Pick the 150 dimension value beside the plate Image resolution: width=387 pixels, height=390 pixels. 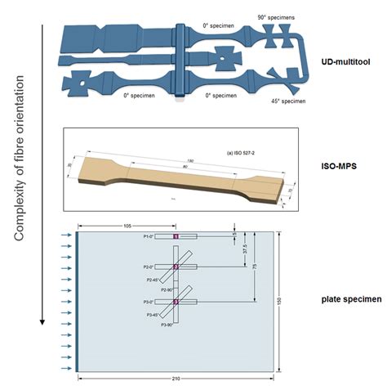[x=279, y=301]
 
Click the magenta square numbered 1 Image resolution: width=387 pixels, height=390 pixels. [x=176, y=236]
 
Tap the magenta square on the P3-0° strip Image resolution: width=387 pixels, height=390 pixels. [x=176, y=303]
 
